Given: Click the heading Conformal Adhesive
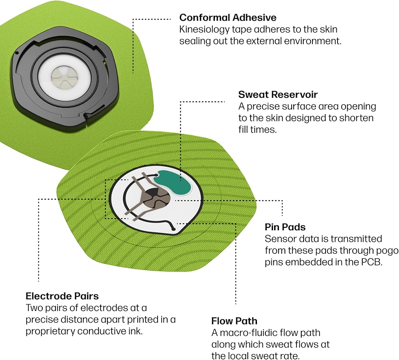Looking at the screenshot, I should [x=228, y=18].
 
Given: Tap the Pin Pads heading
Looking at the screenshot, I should [x=285, y=227].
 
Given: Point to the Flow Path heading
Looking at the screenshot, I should [x=234, y=321].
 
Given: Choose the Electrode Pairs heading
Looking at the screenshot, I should [x=62, y=296].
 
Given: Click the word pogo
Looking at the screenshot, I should [x=389, y=251].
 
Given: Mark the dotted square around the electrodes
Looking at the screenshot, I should [x=105, y=200].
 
